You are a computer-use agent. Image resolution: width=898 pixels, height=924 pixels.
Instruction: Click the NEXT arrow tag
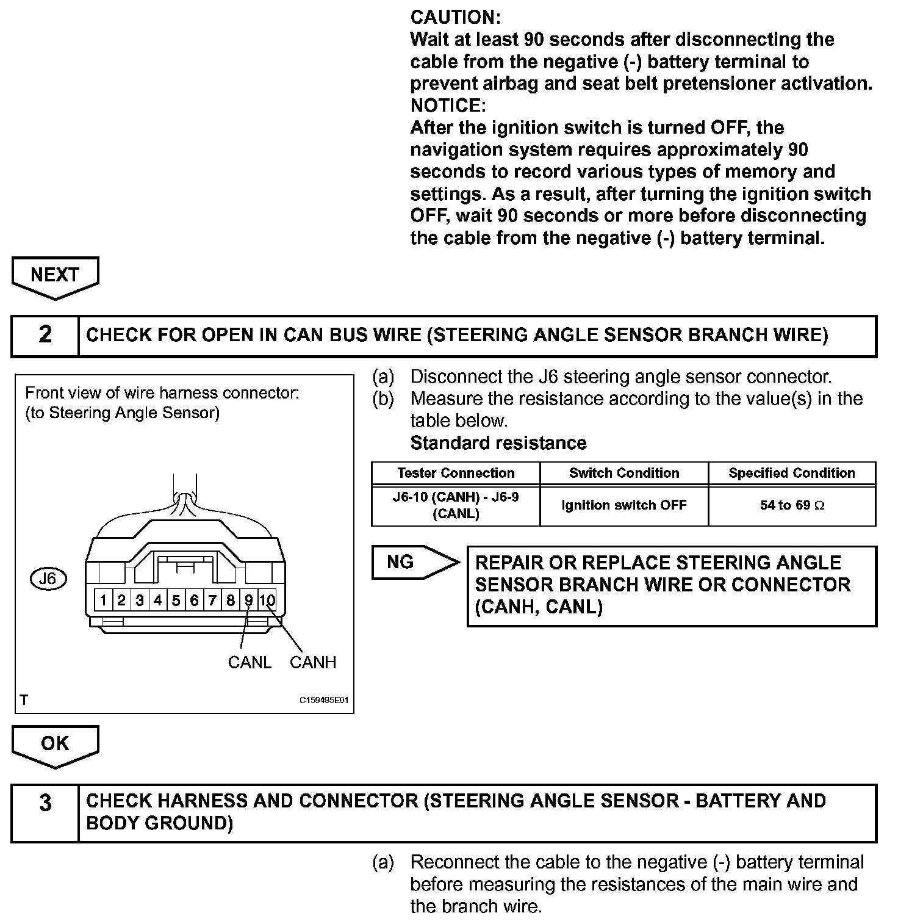(55, 276)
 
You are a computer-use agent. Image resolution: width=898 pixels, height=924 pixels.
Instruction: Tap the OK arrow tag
(55, 744)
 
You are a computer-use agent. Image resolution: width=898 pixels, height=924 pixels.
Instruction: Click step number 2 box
(45, 336)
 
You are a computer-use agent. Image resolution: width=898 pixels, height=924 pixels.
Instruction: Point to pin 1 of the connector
(103, 601)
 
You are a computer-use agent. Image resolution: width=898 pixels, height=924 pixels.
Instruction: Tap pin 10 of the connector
(267, 601)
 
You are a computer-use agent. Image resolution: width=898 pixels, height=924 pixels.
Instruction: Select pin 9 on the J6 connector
(249, 601)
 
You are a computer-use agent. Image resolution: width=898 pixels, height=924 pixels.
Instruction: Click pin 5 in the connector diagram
(176, 601)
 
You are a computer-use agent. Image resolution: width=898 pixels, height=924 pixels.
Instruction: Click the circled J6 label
(48, 579)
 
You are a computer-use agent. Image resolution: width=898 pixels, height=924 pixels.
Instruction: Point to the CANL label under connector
(250, 663)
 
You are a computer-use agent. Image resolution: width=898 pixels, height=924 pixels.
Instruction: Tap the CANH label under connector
(313, 663)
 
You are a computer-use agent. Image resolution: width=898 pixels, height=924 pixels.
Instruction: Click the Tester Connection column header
(456, 474)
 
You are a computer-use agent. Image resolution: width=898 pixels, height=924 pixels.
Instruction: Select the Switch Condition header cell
(624, 474)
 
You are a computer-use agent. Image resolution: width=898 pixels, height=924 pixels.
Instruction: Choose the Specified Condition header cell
(792, 474)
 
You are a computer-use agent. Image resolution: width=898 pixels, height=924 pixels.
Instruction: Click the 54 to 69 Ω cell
(792, 505)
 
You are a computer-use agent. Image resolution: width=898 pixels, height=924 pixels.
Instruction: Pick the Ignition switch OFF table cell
(624, 505)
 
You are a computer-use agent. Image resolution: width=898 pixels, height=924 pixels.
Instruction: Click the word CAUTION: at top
(456, 17)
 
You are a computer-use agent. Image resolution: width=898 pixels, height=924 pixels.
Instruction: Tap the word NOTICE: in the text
(448, 106)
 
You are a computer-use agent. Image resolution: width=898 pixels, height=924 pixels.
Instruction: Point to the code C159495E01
(323, 701)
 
